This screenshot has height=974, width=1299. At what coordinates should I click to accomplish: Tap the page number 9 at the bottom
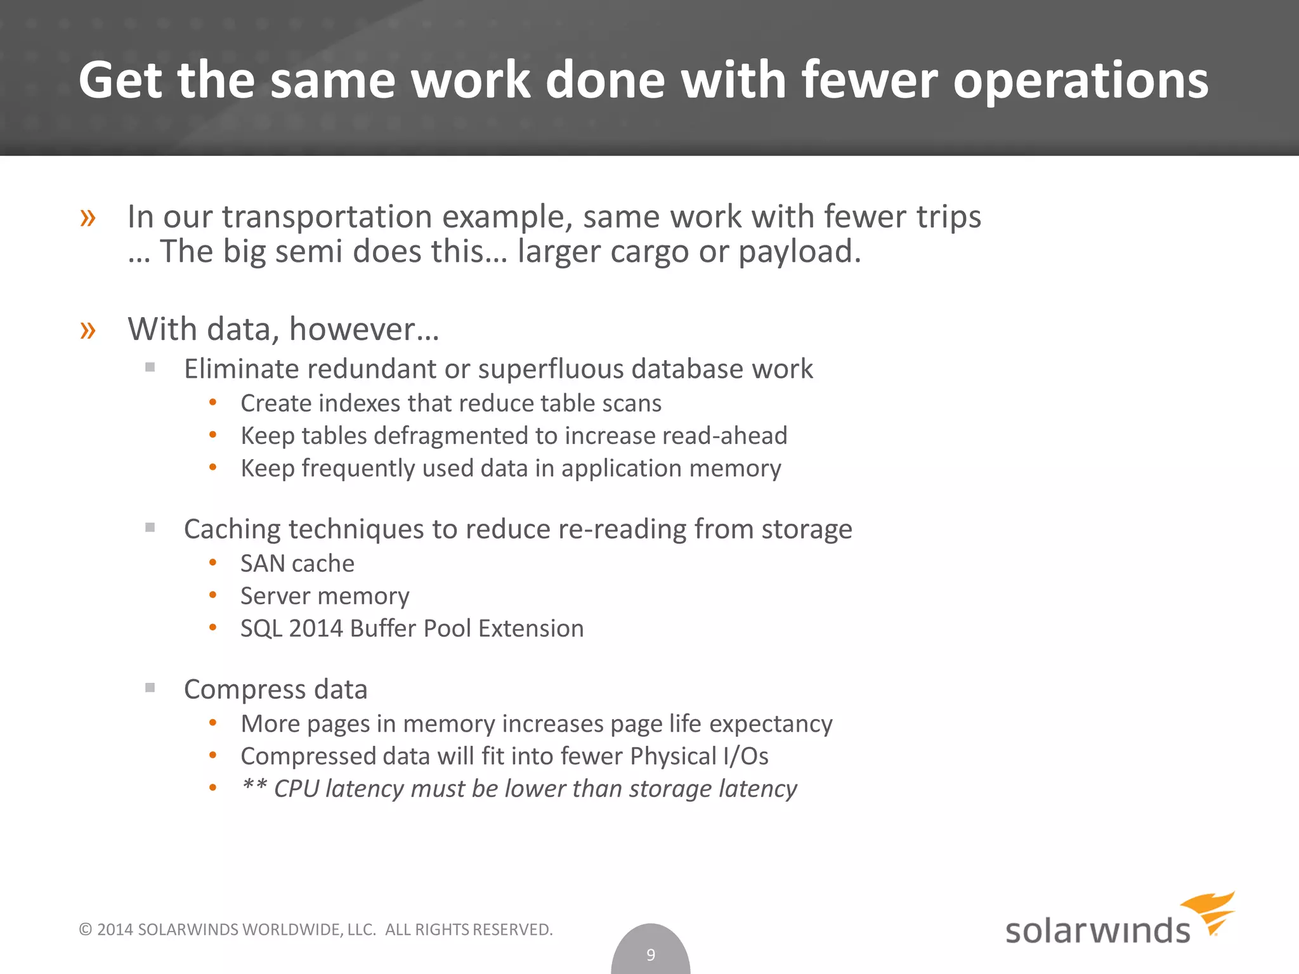650,954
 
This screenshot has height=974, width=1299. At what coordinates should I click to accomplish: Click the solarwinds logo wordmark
1097,931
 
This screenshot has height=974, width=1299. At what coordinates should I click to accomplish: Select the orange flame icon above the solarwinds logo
1209,912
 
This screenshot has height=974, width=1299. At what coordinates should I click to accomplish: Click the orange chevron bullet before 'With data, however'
88,330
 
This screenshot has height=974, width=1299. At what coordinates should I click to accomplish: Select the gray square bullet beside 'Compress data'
150,687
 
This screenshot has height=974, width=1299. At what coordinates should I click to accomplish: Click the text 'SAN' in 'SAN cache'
261,564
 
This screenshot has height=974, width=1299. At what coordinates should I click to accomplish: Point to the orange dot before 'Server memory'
213,595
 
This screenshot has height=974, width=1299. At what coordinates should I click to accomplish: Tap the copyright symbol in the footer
85,930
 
